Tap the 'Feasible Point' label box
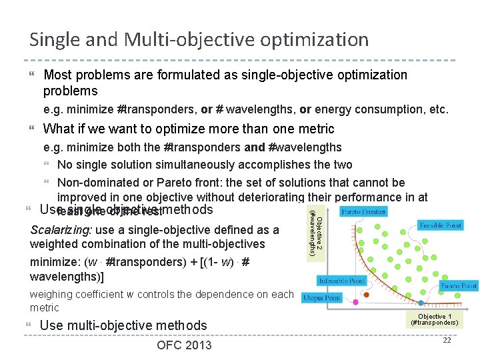pyautogui.click(x=441, y=226)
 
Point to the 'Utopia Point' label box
pyautogui.click(x=323, y=297)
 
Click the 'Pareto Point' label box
pyautogui.click(x=458, y=286)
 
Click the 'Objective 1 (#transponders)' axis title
pyautogui.click(x=435, y=319)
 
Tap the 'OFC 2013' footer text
pyautogui.click(x=184, y=345)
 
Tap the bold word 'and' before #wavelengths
pyautogui.click(x=255, y=147)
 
